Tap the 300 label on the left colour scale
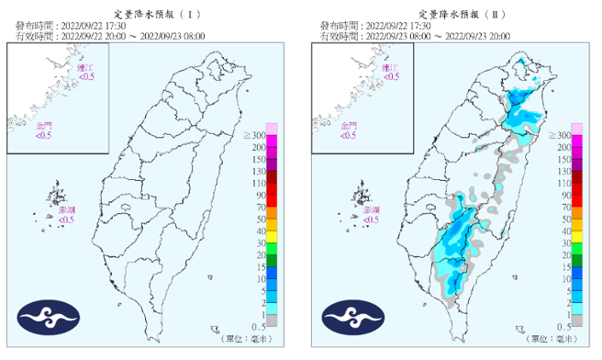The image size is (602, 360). [x=254, y=136]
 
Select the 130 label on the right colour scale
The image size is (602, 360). [x=562, y=171]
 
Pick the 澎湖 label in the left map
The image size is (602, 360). [x=66, y=210]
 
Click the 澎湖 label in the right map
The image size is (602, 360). [x=372, y=210]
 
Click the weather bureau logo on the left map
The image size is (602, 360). [x=44, y=321]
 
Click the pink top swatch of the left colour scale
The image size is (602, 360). [x=272, y=129]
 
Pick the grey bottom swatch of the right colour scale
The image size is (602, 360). [x=577, y=321]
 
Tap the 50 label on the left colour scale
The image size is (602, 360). [x=258, y=219]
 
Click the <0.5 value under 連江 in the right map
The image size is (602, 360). [x=391, y=77]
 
